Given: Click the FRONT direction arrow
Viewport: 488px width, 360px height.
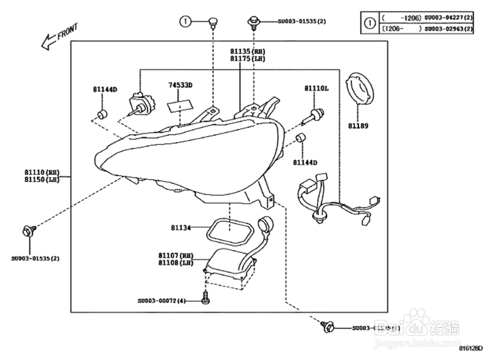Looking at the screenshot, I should pos(49,41).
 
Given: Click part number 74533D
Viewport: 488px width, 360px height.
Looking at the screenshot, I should pos(181,85).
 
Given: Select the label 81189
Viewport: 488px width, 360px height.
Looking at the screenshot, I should pos(358,126).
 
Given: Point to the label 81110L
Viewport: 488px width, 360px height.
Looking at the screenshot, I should pos(316,88).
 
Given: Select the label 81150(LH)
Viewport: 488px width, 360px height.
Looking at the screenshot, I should pos(42,180).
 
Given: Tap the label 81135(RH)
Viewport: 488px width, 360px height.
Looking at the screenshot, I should pos(247,51).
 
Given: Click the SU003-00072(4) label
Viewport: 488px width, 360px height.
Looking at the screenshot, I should pos(162,300).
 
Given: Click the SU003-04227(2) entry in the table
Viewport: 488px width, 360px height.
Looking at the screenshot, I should pos(448,18).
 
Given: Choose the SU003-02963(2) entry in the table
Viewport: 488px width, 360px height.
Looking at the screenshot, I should pos(448,29).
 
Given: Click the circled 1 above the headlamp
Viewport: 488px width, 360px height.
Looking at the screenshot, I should pos(185,21).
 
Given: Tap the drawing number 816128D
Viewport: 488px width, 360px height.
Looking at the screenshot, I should pos(470,349).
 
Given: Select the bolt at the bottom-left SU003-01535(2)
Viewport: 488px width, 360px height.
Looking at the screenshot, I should pos(28,231).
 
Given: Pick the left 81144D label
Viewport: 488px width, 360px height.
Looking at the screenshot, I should pos(105,89).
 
